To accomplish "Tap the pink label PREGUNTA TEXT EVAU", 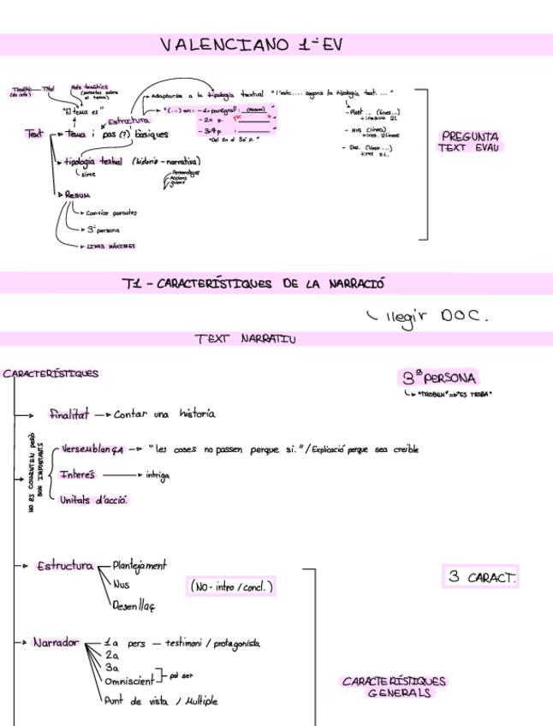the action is point(469,141).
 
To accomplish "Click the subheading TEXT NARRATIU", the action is point(245,339).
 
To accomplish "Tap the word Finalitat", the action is point(68,414).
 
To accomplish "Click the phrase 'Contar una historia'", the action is point(164,414).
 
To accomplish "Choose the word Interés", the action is point(78,475).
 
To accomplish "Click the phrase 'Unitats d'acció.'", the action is point(93,500).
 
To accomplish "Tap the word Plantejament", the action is point(140,565).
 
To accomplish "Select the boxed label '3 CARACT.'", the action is point(480,577).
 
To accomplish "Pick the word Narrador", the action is point(56,642).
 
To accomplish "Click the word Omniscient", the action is point(129,681).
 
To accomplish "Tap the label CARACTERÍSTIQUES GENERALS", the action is point(394,687).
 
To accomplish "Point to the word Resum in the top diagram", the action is point(77,194).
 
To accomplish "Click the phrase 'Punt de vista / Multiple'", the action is point(160,700).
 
